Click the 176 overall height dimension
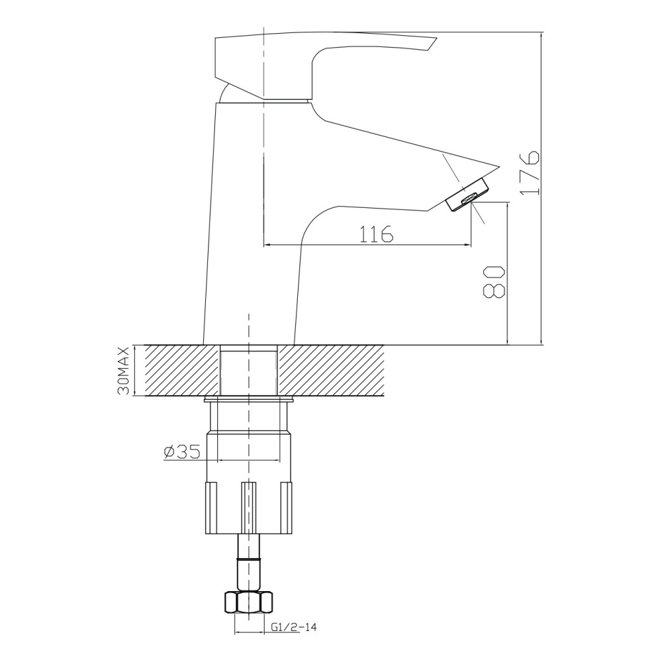(x=529, y=173)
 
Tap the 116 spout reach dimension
(x=376, y=234)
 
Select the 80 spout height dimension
(x=495, y=283)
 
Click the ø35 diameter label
(x=181, y=452)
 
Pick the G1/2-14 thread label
(x=294, y=627)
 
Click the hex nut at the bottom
(x=248, y=602)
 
